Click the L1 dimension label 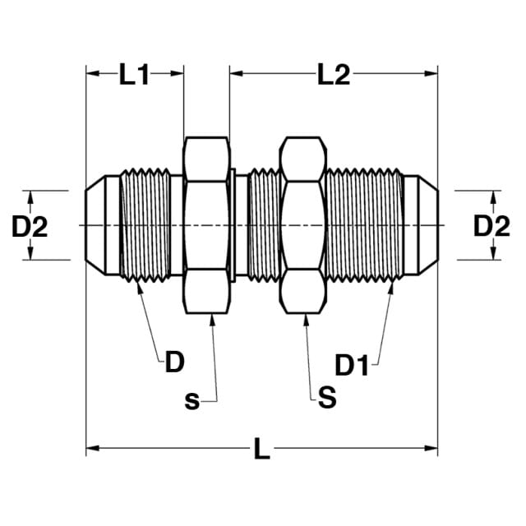click(x=134, y=75)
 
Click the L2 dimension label click(x=334, y=75)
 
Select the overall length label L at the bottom click(x=261, y=449)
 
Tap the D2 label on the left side click(x=30, y=227)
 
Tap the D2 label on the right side click(x=491, y=227)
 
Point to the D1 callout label click(x=352, y=365)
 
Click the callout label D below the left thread click(x=175, y=362)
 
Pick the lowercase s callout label click(x=191, y=400)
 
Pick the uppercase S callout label click(x=327, y=397)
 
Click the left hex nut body click(x=207, y=225)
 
